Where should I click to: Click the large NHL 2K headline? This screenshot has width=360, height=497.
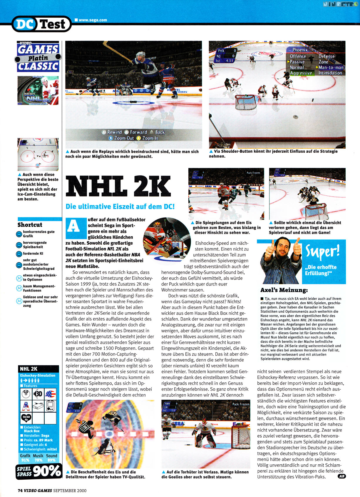click(118, 187)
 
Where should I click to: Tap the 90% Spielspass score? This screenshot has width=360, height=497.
click(47, 471)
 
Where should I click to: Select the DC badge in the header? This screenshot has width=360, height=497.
click(24, 24)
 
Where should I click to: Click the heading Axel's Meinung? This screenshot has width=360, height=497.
click(284, 290)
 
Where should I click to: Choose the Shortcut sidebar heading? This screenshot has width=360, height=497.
click(30, 225)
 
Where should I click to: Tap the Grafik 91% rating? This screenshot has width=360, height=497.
click(25, 458)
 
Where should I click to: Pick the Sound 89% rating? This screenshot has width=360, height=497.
click(51, 458)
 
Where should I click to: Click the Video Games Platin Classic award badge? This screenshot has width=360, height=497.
click(38, 57)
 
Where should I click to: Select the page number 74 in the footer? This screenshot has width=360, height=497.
click(20, 491)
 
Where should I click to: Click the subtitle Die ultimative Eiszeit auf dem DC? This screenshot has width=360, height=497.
click(120, 206)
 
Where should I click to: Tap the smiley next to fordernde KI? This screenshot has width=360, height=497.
click(19, 253)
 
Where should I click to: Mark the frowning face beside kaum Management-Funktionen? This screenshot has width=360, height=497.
click(19, 288)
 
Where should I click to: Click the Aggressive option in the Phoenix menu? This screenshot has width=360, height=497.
click(301, 73)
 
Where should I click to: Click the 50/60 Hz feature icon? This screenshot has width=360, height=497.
click(26, 418)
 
